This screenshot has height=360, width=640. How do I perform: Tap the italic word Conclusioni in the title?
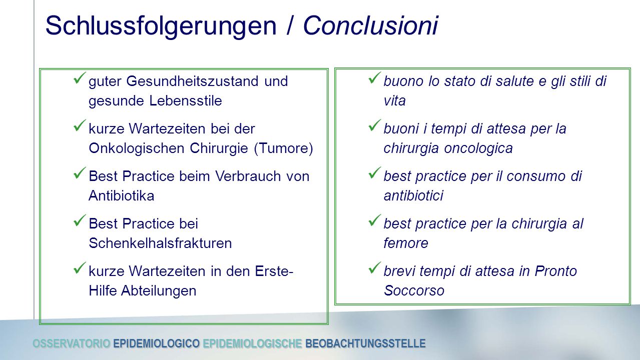pyautogui.click(x=371, y=25)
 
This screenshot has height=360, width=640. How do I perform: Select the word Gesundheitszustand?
pyautogui.click(x=193, y=81)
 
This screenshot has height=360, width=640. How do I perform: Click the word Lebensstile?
pyautogui.click(x=186, y=101)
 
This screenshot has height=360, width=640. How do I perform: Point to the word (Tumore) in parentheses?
pyautogui.click(x=283, y=148)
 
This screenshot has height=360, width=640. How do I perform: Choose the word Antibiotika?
pyautogui.click(x=122, y=196)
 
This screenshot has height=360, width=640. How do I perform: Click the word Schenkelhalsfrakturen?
pyautogui.click(x=160, y=243)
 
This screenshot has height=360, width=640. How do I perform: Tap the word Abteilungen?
pyautogui.click(x=159, y=291)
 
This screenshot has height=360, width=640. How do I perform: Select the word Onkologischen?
pyautogui.click(x=137, y=148)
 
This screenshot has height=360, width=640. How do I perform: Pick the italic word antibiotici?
pyautogui.click(x=413, y=196)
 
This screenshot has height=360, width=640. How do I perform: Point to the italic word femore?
pyautogui.click(x=406, y=243)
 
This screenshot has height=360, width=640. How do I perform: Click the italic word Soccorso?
pyautogui.click(x=414, y=291)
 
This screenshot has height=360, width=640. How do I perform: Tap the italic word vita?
pyautogui.click(x=395, y=101)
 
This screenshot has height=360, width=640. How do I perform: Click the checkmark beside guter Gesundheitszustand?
pyautogui.click(x=80, y=78)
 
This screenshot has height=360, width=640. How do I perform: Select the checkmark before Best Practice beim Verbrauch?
pyautogui.click(x=80, y=173)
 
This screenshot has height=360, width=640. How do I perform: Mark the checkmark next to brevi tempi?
pyautogui.click(x=375, y=268)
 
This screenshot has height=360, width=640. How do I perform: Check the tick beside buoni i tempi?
pyautogui.click(x=375, y=125)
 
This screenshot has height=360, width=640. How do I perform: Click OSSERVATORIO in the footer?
pyautogui.click(x=72, y=343)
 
